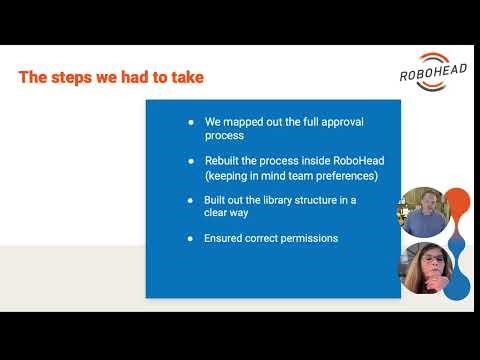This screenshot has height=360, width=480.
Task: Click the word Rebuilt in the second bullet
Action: tap(225, 160)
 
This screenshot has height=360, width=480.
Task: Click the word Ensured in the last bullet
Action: tap(226, 238)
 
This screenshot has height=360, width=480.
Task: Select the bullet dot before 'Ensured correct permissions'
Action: tap(191, 238)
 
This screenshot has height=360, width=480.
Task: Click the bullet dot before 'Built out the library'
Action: tap(191, 199)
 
